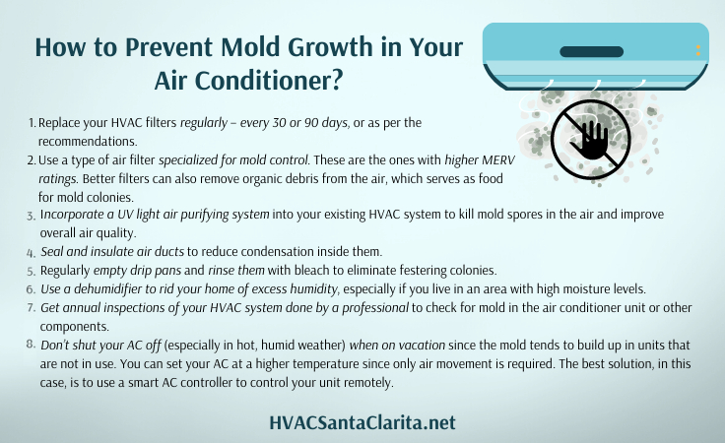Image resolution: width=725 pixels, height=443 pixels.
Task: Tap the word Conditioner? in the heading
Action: coord(268,81)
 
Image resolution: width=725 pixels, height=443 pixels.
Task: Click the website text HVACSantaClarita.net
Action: coord(362,422)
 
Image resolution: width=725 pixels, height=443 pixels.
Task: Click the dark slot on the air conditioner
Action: coord(591,52)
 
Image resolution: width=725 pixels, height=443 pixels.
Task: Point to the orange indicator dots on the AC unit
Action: coord(698,50)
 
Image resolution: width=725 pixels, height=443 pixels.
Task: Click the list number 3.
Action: coord(31,216)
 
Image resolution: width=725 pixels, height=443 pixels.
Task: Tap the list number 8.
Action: coord(31,345)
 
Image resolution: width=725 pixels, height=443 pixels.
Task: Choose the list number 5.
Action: coord(31,271)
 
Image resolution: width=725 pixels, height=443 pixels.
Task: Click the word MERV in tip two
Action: coord(498,159)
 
